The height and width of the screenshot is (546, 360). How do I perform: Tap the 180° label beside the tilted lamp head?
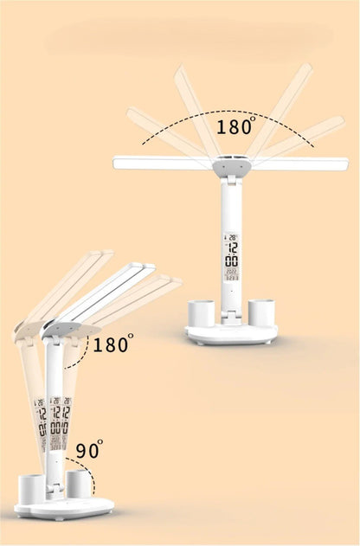click(x=113, y=345)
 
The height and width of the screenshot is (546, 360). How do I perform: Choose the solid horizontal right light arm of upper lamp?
click(x=298, y=163)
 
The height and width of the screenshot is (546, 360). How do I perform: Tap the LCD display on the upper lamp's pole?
click(x=231, y=258)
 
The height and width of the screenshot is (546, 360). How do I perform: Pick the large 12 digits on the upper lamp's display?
click(x=231, y=246)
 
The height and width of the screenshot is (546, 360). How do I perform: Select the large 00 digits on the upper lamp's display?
click(x=231, y=261)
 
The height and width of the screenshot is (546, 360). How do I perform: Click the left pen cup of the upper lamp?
click(x=202, y=312)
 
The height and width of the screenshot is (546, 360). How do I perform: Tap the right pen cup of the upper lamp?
click(x=260, y=312)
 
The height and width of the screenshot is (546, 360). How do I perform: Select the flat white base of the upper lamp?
click(x=231, y=334)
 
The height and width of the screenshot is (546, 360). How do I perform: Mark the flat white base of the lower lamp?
click(x=65, y=508)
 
